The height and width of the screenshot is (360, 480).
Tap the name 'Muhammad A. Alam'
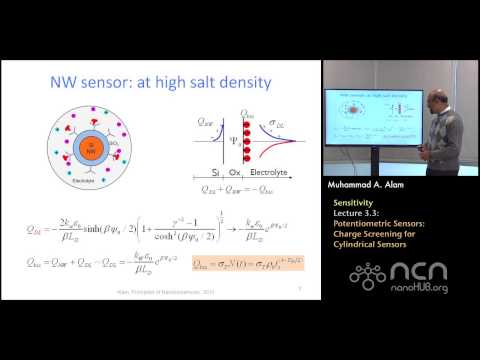pos(372,184)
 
